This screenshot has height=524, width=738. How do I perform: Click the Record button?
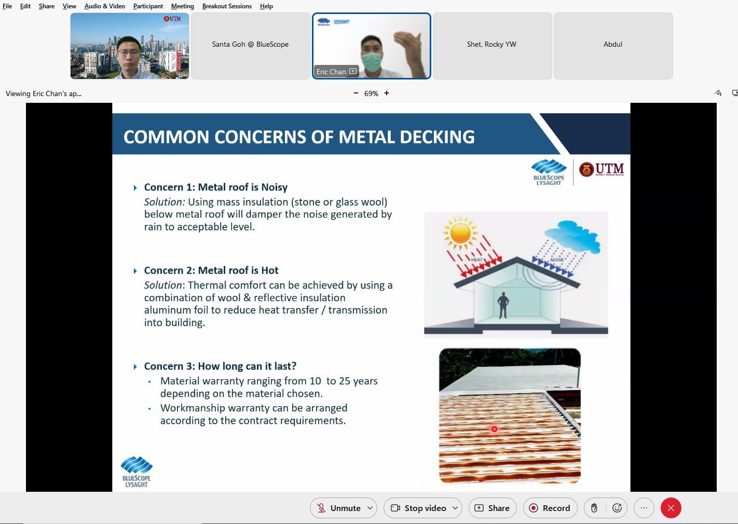click(x=550, y=508)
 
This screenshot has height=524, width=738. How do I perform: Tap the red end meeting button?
click(x=671, y=508)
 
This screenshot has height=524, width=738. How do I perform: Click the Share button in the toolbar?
click(x=492, y=508)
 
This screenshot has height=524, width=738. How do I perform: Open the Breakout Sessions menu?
click(x=227, y=6)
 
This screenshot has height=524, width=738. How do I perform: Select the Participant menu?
click(x=148, y=6)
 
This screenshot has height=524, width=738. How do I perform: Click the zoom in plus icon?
click(x=387, y=93)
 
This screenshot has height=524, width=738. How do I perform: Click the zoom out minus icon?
click(x=356, y=93)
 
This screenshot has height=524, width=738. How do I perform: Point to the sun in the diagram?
click(x=460, y=232)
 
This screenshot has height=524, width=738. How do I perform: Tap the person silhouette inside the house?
click(x=503, y=305)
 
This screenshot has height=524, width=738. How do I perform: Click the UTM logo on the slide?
click(x=602, y=169)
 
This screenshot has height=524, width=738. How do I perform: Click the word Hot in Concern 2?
click(x=269, y=271)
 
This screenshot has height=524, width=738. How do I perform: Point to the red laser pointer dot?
click(x=494, y=429)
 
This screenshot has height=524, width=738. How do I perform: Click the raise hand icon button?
click(x=594, y=508)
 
